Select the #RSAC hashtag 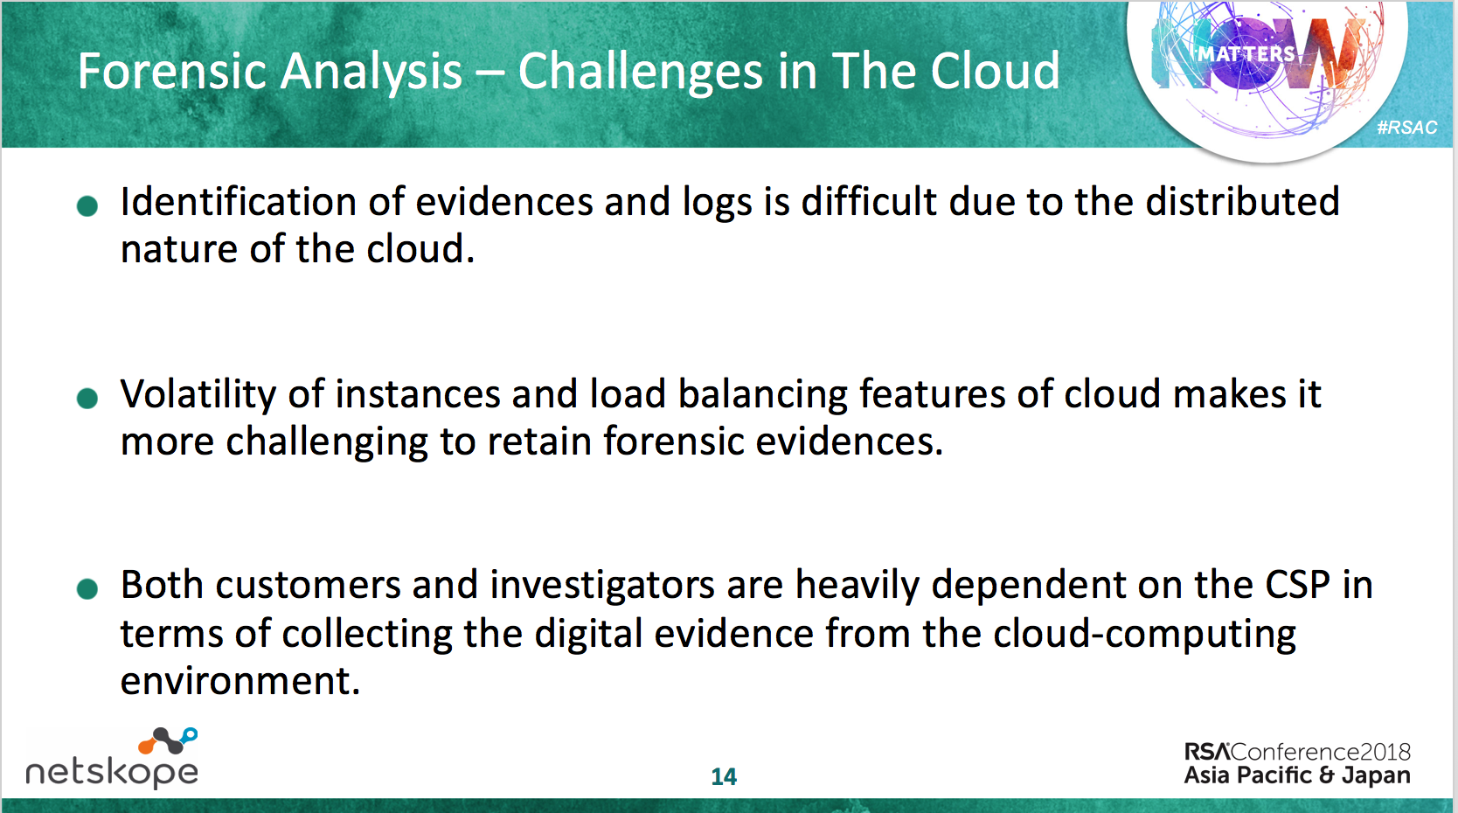pyautogui.click(x=1406, y=128)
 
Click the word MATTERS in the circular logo pyautogui.click(x=1246, y=54)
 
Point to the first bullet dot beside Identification pyautogui.click(x=87, y=206)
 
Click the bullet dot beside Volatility pyautogui.click(x=87, y=398)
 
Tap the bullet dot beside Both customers pyautogui.click(x=87, y=588)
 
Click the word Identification pyautogui.click(x=239, y=201)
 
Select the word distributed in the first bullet pyautogui.click(x=1242, y=201)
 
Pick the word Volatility pyautogui.click(x=198, y=394)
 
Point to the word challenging pyautogui.click(x=327, y=442)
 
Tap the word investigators pyautogui.click(x=602, y=585)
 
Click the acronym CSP pyautogui.click(x=1297, y=585)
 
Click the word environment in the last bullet pyautogui.click(x=240, y=681)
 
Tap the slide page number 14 pyautogui.click(x=724, y=776)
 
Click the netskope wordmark pyautogui.click(x=112, y=773)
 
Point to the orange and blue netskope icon pyautogui.click(x=168, y=740)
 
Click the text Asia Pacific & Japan pyautogui.click(x=1296, y=775)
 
